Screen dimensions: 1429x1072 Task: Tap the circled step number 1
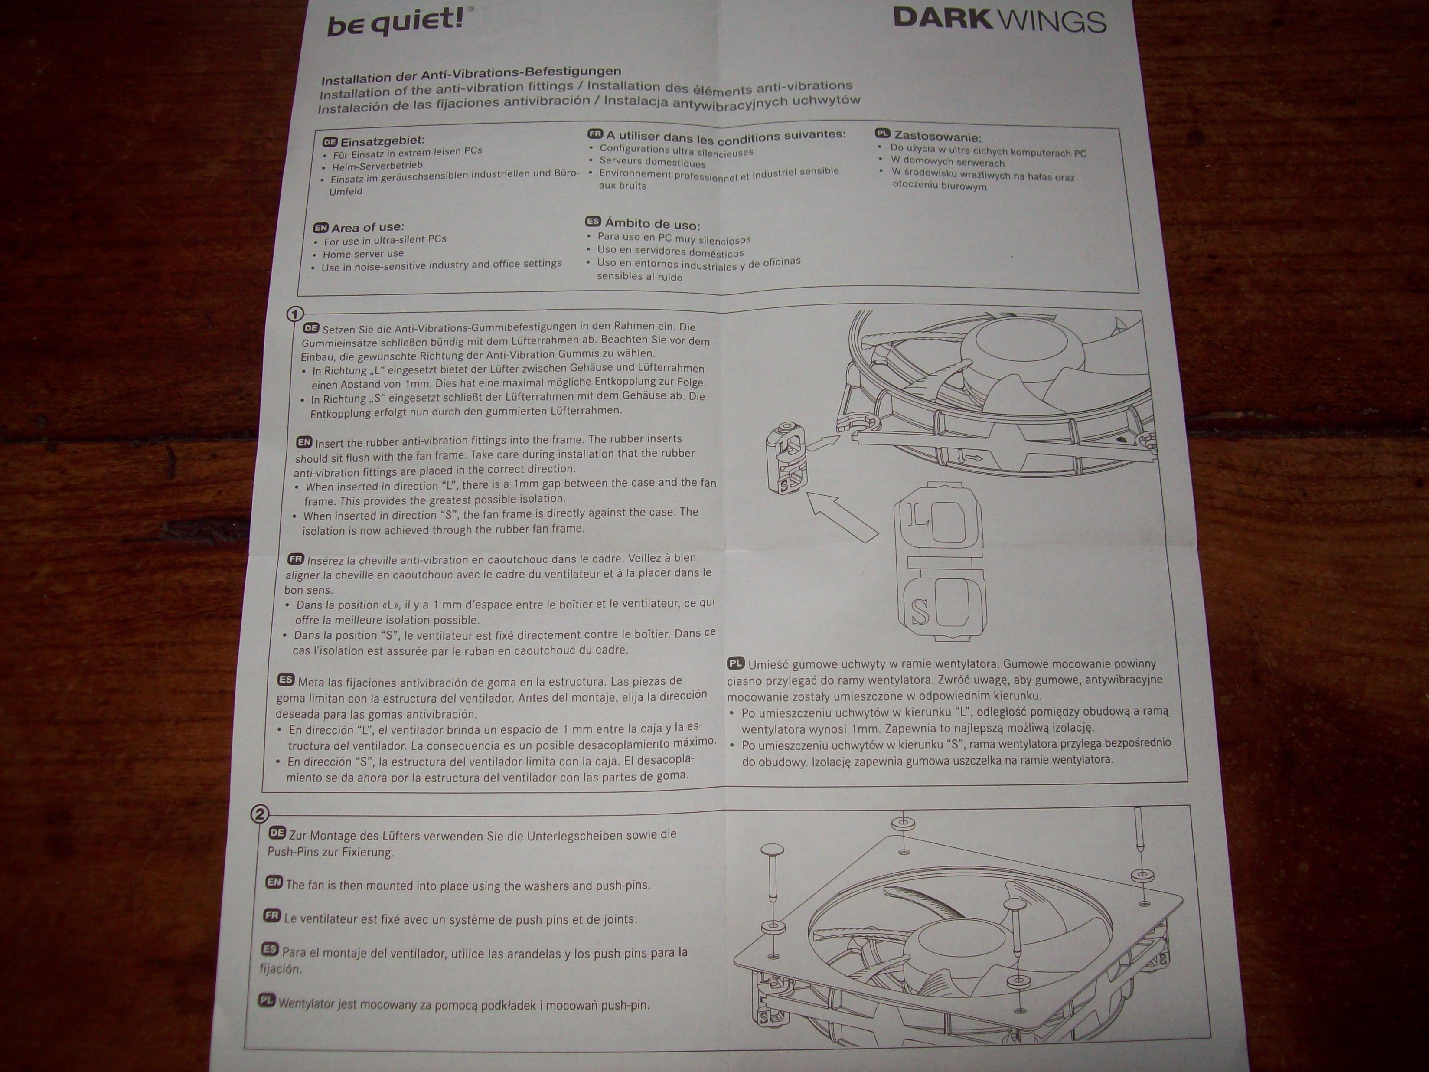coord(294,314)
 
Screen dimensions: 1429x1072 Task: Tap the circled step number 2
coord(259,814)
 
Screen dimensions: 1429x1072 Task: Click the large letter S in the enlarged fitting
coord(920,611)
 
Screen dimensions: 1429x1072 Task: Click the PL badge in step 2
coord(267,1001)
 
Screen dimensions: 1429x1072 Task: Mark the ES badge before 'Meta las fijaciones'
coord(286,680)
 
